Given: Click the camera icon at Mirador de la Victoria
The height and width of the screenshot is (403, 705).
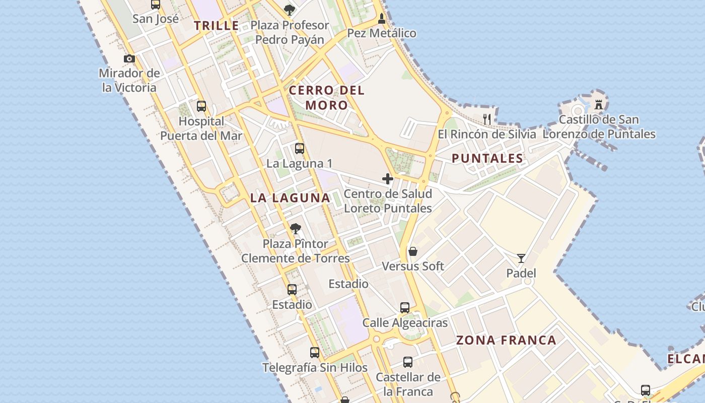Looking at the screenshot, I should (129, 58).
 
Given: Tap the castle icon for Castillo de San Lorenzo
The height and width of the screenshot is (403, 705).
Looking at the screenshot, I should (599, 105).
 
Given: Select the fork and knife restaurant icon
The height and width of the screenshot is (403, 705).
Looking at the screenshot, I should (487, 119).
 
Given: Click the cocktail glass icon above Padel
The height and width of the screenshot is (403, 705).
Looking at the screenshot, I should (521, 258).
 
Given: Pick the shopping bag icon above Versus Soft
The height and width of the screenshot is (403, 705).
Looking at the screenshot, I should (413, 251).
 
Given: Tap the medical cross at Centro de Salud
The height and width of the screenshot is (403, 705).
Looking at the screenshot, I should (388, 179).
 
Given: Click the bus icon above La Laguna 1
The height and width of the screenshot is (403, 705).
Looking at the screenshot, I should (300, 149).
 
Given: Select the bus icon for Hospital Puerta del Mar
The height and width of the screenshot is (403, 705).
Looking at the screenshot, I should (201, 106).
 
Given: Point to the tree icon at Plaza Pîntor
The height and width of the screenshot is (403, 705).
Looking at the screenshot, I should (296, 229).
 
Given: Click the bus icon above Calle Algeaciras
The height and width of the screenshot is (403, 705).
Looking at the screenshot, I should (405, 308).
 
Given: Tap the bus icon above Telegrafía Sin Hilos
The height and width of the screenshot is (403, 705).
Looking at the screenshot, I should (315, 353).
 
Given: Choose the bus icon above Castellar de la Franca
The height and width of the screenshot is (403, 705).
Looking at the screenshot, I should (408, 362).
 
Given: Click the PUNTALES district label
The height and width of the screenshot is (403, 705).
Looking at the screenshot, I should (487, 159).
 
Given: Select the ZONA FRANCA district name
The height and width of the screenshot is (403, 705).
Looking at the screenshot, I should (506, 340).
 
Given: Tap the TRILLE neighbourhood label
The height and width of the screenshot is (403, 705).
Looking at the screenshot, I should (217, 26).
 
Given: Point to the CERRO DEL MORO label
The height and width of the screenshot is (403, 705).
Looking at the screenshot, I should (327, 98).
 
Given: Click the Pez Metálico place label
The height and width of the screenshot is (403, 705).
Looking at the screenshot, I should (382, 33).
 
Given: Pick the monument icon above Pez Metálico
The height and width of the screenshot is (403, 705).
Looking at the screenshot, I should (382, 19).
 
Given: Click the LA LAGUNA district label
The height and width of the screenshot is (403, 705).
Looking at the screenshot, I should (290, 198).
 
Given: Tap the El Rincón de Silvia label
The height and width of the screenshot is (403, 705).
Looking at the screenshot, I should (487, 135).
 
